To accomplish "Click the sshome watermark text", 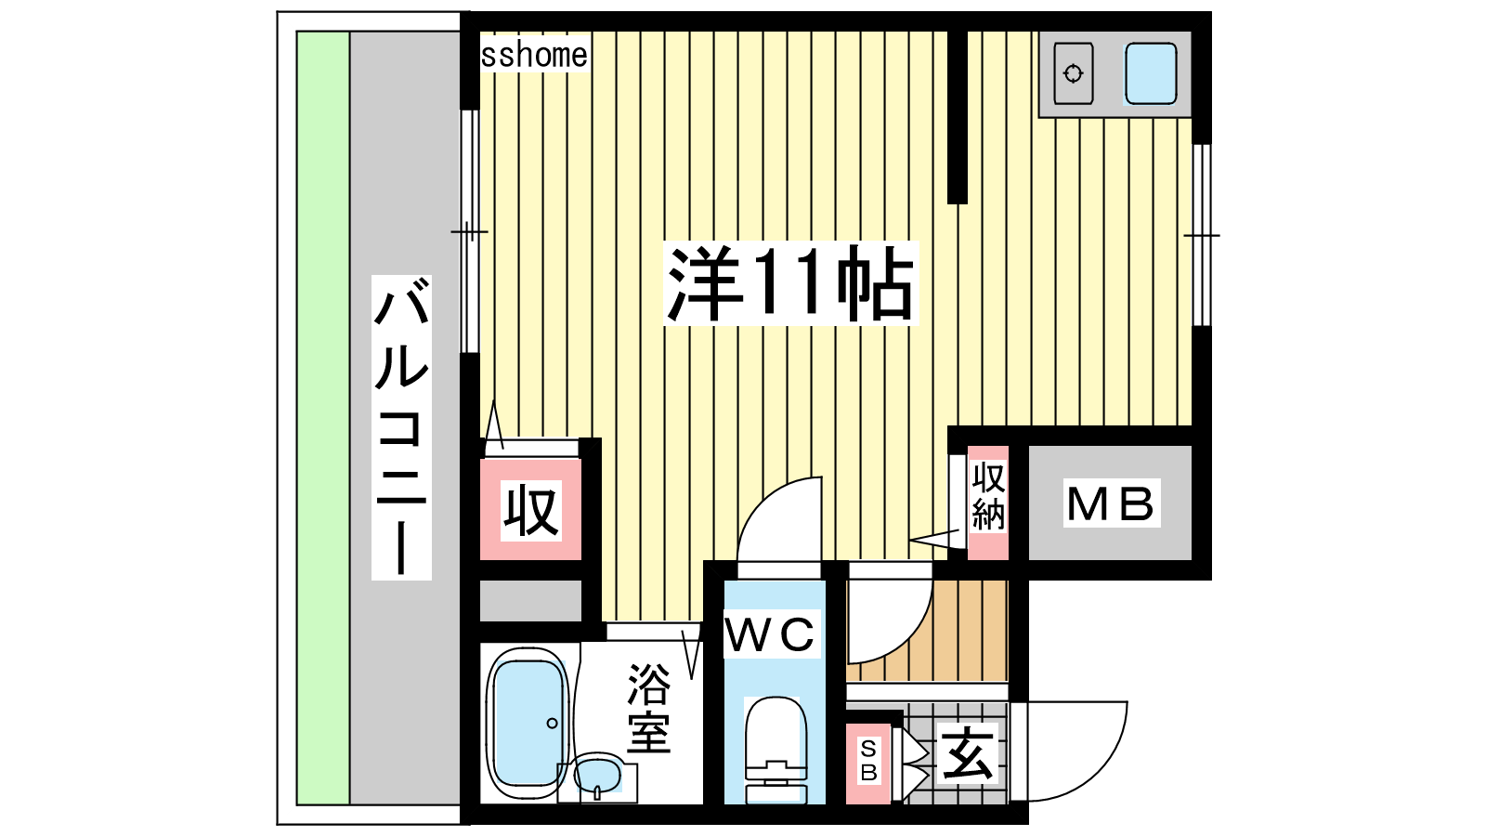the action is (x=534, y=56).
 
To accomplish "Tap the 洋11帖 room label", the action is (x=790, y=283).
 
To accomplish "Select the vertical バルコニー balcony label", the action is (x=401, y=427).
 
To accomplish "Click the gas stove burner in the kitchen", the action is (x=1073, y=73).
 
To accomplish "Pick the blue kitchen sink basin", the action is (x=1151, y=73).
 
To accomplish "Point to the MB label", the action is (x=1111, y=503).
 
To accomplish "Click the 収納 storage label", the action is (x=988, y=496).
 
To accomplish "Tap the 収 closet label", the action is (x=530, y=510).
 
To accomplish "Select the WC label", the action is (x=771, y=634).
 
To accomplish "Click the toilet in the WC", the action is (x=776, y=750).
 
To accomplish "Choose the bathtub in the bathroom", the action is (x=528, y=725).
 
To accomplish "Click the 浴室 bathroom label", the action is (x=649, y=709).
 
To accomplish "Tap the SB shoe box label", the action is (x=868, y=761).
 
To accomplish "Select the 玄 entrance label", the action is (x=968, y=754).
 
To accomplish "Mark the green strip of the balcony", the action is (x=323, y=418).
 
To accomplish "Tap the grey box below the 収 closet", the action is (x=530, y=601).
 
